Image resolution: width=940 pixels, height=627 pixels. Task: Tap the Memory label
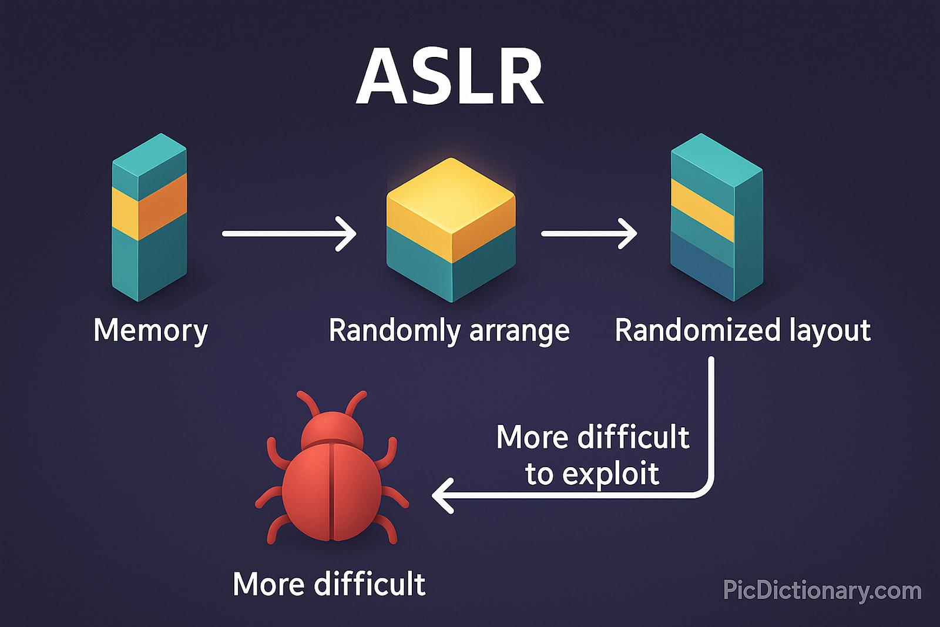150,330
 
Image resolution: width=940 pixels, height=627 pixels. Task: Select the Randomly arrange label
449,331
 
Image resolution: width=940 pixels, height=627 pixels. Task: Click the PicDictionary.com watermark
822,590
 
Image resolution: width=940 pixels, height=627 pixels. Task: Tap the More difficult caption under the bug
329,584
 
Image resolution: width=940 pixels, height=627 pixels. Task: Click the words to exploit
592,474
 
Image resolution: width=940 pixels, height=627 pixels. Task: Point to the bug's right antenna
356,403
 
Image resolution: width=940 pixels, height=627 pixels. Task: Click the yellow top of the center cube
451,197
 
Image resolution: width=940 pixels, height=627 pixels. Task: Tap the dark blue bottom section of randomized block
702,264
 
